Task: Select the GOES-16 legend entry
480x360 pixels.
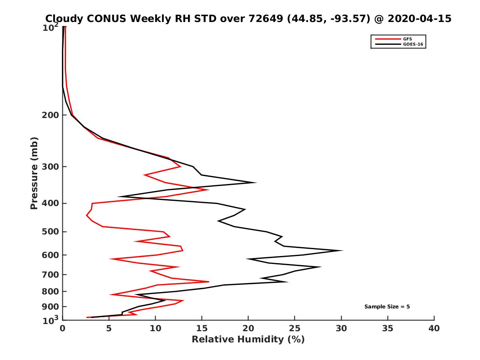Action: [x=412, y=44]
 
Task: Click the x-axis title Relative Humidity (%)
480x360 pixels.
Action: [x=248, y=340]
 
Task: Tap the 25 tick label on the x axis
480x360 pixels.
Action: [x=294, y=329]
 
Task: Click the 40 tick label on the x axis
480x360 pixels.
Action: [x=434, y=329]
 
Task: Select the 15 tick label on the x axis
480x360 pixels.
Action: [x=202, y=329]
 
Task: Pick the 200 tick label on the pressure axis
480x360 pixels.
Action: [x=50, y=115]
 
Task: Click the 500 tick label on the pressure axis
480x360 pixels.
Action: [x=50, y=232]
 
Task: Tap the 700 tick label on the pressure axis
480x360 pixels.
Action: [x=50, y=274]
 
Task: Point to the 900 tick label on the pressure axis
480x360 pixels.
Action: [x=50, y=307]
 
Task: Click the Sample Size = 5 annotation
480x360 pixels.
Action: [x=387, y=307]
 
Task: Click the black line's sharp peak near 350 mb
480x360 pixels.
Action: [x=256, y=183]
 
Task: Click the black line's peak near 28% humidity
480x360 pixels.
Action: [x=321, y=267]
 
